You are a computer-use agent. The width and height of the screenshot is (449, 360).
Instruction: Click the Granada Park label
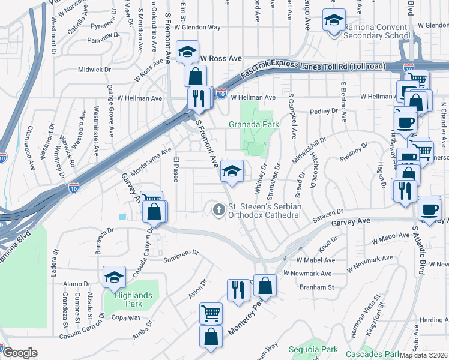(254, 125)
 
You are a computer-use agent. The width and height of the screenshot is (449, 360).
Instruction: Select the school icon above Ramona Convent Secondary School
(333, 20)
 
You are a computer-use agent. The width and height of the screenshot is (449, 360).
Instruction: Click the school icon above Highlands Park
(114, 277)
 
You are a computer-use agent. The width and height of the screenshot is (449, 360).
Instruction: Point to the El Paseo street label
(176, 170)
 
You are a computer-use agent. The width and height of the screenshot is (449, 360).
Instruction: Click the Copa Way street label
(125, 317)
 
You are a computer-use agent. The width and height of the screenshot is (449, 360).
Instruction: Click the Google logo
(20, 353)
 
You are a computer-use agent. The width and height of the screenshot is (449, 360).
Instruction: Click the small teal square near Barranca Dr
(123, 217)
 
